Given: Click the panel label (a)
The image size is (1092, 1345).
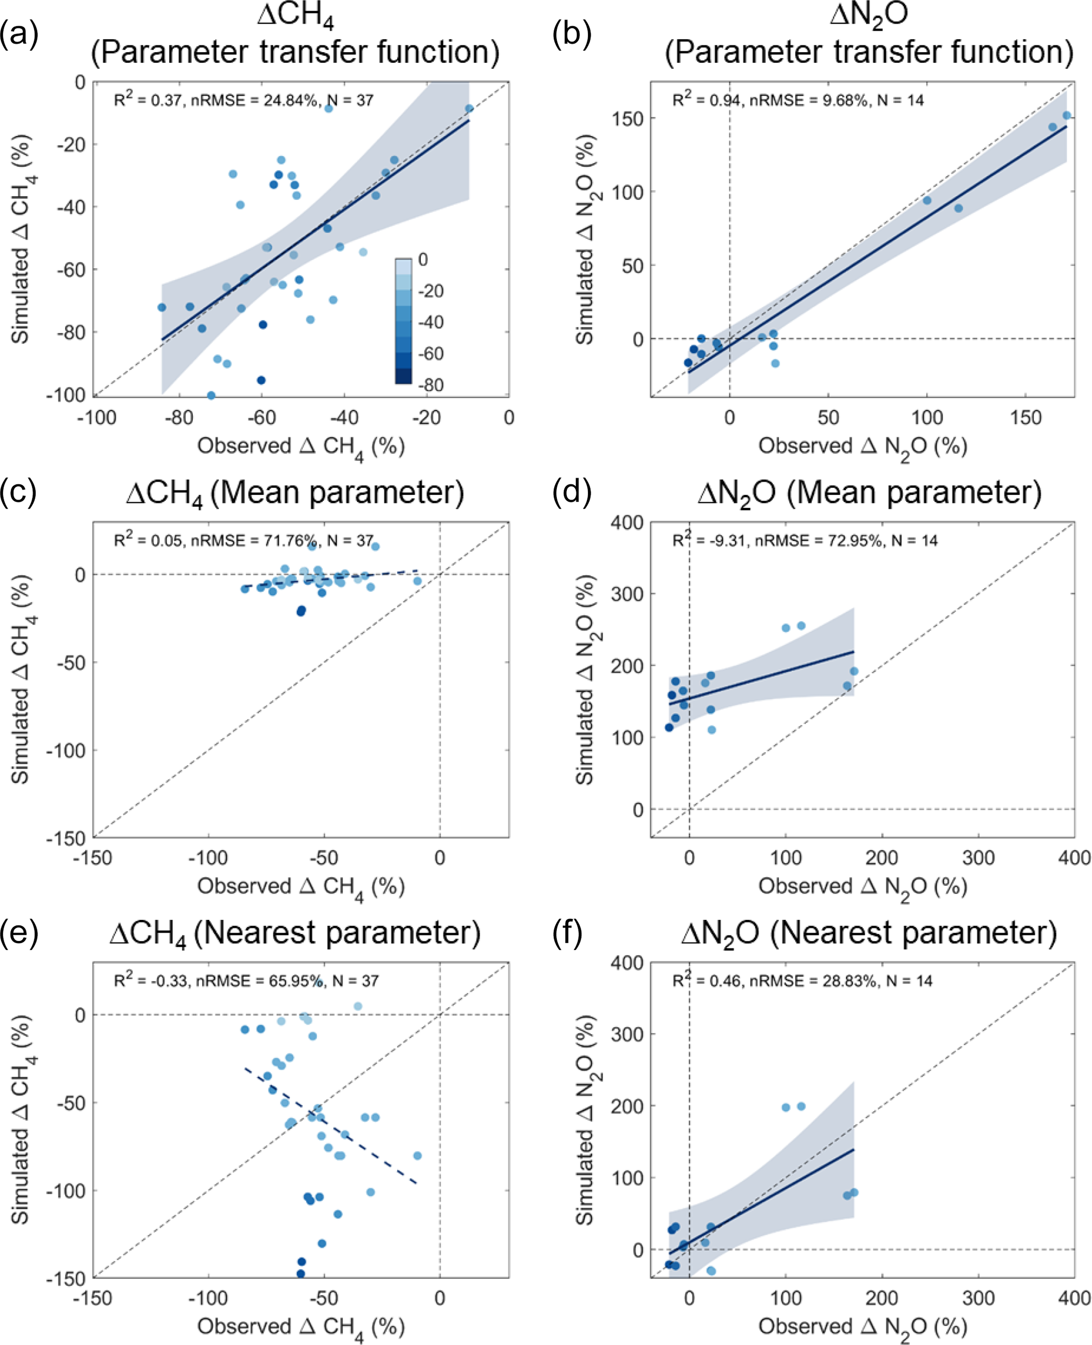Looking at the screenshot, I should [x=19, y=34].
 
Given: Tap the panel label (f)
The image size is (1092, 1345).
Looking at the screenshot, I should [x=571, y=934].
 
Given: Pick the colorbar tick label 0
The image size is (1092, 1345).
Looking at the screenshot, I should [x=423, y=260].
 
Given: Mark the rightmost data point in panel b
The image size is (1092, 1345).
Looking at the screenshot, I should [x=1066, y=115].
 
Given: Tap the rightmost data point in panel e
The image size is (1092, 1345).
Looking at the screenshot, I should [x=417, y=1156].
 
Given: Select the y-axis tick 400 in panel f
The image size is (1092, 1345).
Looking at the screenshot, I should [x=627, y=963].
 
